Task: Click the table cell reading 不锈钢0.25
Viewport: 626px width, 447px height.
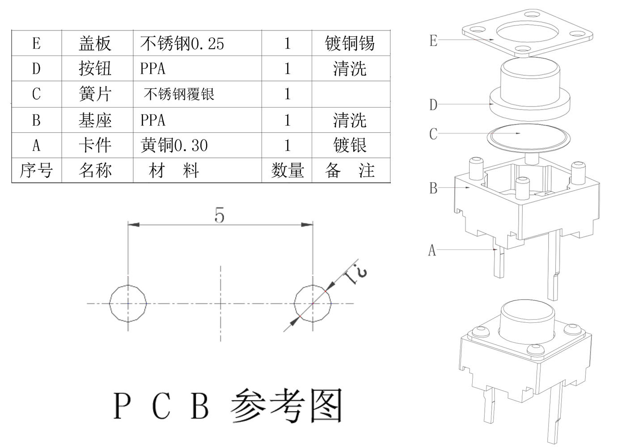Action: click(182, 43)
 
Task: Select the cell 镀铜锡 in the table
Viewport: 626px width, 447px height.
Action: click(350, 43)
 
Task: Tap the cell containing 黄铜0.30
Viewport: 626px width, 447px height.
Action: click(174, 145)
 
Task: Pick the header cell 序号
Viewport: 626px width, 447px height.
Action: click(36, 170)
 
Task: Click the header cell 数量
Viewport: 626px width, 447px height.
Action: click(287, 170)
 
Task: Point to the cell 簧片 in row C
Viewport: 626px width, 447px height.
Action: click(95, 94)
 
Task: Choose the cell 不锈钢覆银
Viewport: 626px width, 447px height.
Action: click(179, 94)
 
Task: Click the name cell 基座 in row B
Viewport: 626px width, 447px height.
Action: click(95, 120)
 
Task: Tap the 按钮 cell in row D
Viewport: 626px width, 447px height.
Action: click(95, 68)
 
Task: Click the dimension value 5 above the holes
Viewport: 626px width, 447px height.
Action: click(220, 216)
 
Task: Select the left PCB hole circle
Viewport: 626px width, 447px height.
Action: click(128, 303)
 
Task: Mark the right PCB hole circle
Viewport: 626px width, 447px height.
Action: click(313, 303)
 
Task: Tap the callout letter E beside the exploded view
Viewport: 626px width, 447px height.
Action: click(433, 41)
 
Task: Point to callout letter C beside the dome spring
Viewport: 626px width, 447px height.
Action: click(433, 134)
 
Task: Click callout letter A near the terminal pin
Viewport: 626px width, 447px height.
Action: click(432, 250)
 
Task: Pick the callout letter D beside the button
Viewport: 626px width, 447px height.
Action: click(433, 105)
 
